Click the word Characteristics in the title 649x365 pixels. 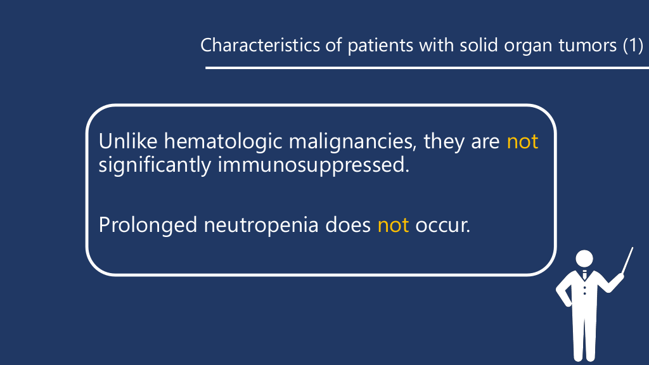click(260, 45)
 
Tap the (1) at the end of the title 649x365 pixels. click(633, 45)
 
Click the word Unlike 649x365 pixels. click(128, 141)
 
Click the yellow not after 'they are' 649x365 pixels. click(522, 141)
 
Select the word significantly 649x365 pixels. click(155, 165)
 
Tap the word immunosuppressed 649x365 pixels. click(314, 165)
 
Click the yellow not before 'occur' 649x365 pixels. click(393, 226)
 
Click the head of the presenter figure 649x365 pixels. click(584, 259)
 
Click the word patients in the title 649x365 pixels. click(380, 45)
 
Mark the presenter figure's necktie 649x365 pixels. click(584, 274)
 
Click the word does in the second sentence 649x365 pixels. click(348, 226)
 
